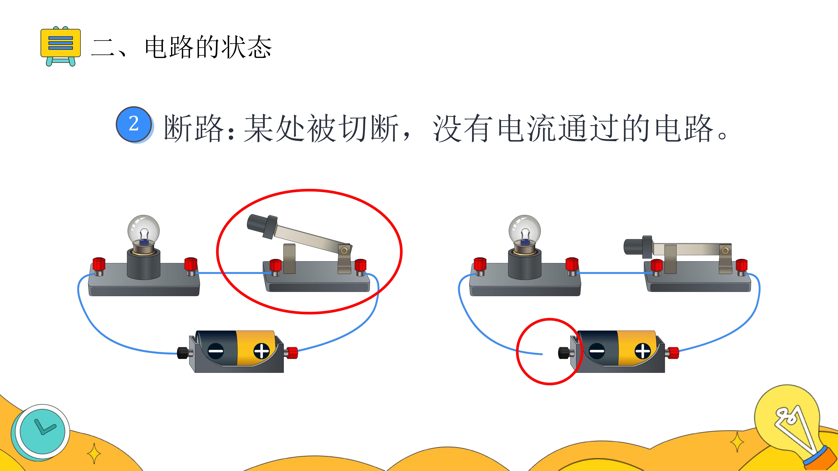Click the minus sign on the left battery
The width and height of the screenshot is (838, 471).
tap(216, 351)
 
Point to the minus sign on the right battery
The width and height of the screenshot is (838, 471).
tap(597, 351)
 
